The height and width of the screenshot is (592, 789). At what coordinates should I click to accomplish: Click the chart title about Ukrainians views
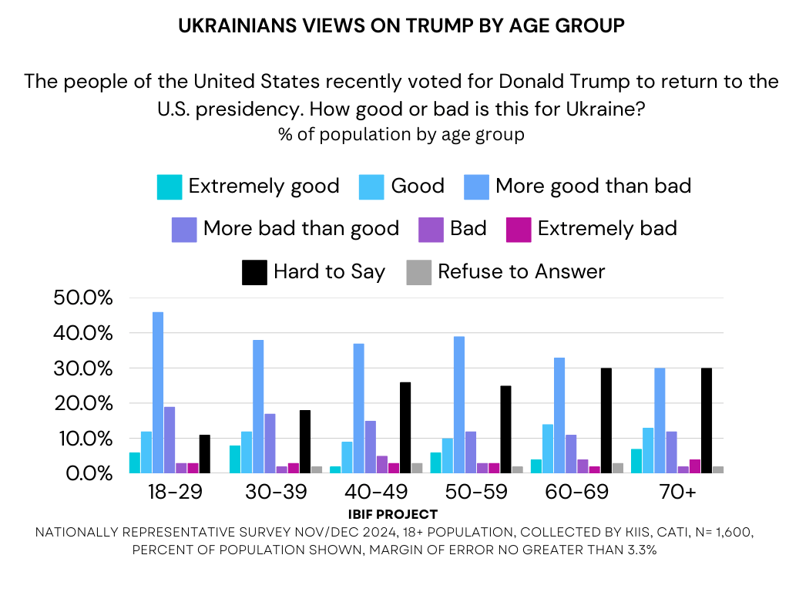(x=401, y=25)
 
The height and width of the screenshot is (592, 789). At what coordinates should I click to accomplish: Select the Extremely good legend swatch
(x=170, y=187)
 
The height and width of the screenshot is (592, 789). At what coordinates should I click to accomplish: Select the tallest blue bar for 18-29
(x=158, y=392)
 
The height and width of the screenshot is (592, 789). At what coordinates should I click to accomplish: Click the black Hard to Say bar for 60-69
(x=606, y=421)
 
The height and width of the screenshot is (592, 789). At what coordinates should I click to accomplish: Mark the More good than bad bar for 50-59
(x=459, y=405)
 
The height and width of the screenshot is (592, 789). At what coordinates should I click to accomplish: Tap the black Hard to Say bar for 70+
(x=707, y=421)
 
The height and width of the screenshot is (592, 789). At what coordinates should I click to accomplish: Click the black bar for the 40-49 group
(x=405, y=428)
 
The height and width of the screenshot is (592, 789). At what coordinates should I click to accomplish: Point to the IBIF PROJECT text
(x=392, y=514)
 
